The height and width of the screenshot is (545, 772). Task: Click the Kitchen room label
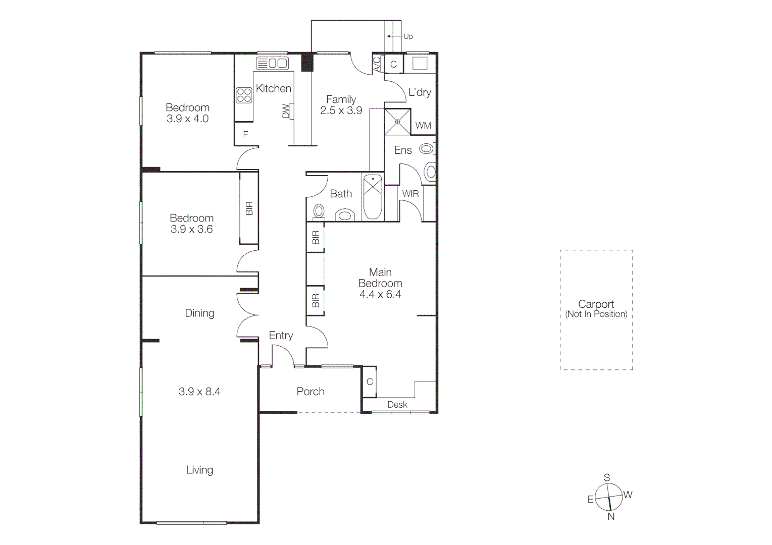(273, 89)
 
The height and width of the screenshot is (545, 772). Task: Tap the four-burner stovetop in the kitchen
(244, 95)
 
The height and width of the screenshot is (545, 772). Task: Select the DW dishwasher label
(286, 111)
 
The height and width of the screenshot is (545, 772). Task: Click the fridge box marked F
(246, 134)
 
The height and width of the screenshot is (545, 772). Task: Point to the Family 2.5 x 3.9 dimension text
(341, 111)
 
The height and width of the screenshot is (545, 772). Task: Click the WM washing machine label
(423, 126)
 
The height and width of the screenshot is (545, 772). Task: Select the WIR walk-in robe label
(410, 194)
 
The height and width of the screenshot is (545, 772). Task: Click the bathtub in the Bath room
(373, 197)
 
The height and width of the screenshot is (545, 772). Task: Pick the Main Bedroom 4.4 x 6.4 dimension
(380, 295)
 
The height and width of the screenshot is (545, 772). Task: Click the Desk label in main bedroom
(397, 405)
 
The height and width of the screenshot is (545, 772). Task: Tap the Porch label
(310, 392)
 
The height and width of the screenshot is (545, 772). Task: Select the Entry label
(281, 336)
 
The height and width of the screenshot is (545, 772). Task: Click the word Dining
(199, 313)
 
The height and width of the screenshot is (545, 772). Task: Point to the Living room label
(199, 470)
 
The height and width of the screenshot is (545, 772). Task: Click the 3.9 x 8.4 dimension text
(199, 392)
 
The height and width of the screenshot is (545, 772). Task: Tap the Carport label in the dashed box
(596, 304)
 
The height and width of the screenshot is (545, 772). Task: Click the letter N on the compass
(611, 516)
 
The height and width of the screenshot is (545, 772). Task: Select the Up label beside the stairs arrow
(408, 36)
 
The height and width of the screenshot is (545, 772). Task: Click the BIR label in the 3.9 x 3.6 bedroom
(249, 209)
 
